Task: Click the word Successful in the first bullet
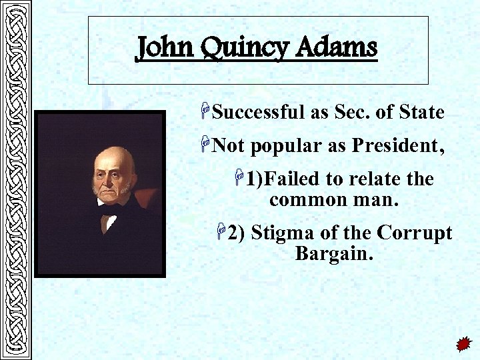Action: (259, 113)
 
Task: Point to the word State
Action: (421, 112)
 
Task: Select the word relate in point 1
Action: (364, 179)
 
